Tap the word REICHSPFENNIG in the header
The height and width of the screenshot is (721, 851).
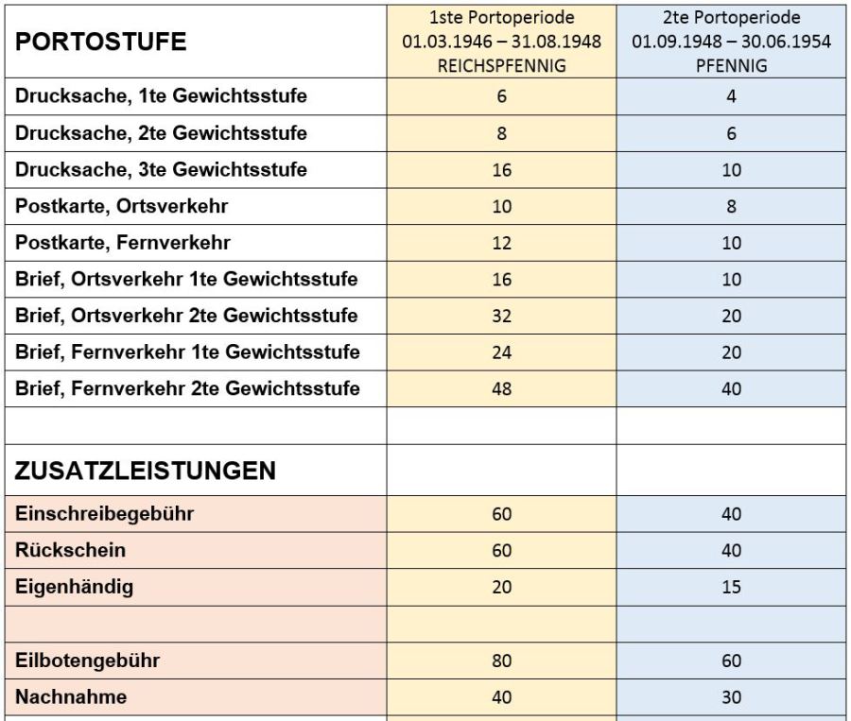pos(501,67)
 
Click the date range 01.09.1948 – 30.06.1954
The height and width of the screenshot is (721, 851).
pos(731,43)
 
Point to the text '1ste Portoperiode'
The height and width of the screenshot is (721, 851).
pos(502,18)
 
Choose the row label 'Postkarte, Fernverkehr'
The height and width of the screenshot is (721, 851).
pos(123,243)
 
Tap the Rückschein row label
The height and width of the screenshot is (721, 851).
pos(70,550)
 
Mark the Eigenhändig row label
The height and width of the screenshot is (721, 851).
pos(74,587)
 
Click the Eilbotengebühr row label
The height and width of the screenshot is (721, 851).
pos(87,661)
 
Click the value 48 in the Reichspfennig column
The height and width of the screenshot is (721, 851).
pos(502,388)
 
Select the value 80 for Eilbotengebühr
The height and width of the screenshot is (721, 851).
pos(502,661)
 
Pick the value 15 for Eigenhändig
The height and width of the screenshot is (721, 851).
pos(731,588)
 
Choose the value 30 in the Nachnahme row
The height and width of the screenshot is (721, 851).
pos(731,698)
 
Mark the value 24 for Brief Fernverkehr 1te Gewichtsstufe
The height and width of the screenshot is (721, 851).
pos(502,352)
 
